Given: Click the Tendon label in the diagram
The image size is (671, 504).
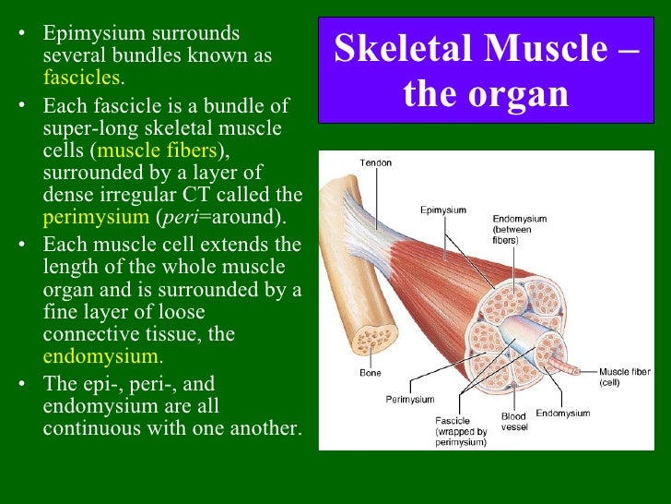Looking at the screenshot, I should pos(375,163).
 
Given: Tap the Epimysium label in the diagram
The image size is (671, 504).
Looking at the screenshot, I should pos(444,210).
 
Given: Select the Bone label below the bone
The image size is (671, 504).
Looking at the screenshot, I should pos(370,374).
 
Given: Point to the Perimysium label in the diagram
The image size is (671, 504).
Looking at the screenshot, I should pos(409,400).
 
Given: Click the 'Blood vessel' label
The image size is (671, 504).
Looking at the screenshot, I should pos(514,423).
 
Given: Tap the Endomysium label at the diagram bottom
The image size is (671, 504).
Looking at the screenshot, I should pos(562,414).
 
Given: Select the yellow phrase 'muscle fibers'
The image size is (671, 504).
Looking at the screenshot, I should pos(157,150).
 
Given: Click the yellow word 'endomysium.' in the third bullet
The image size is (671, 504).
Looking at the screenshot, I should pos(103,356).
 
